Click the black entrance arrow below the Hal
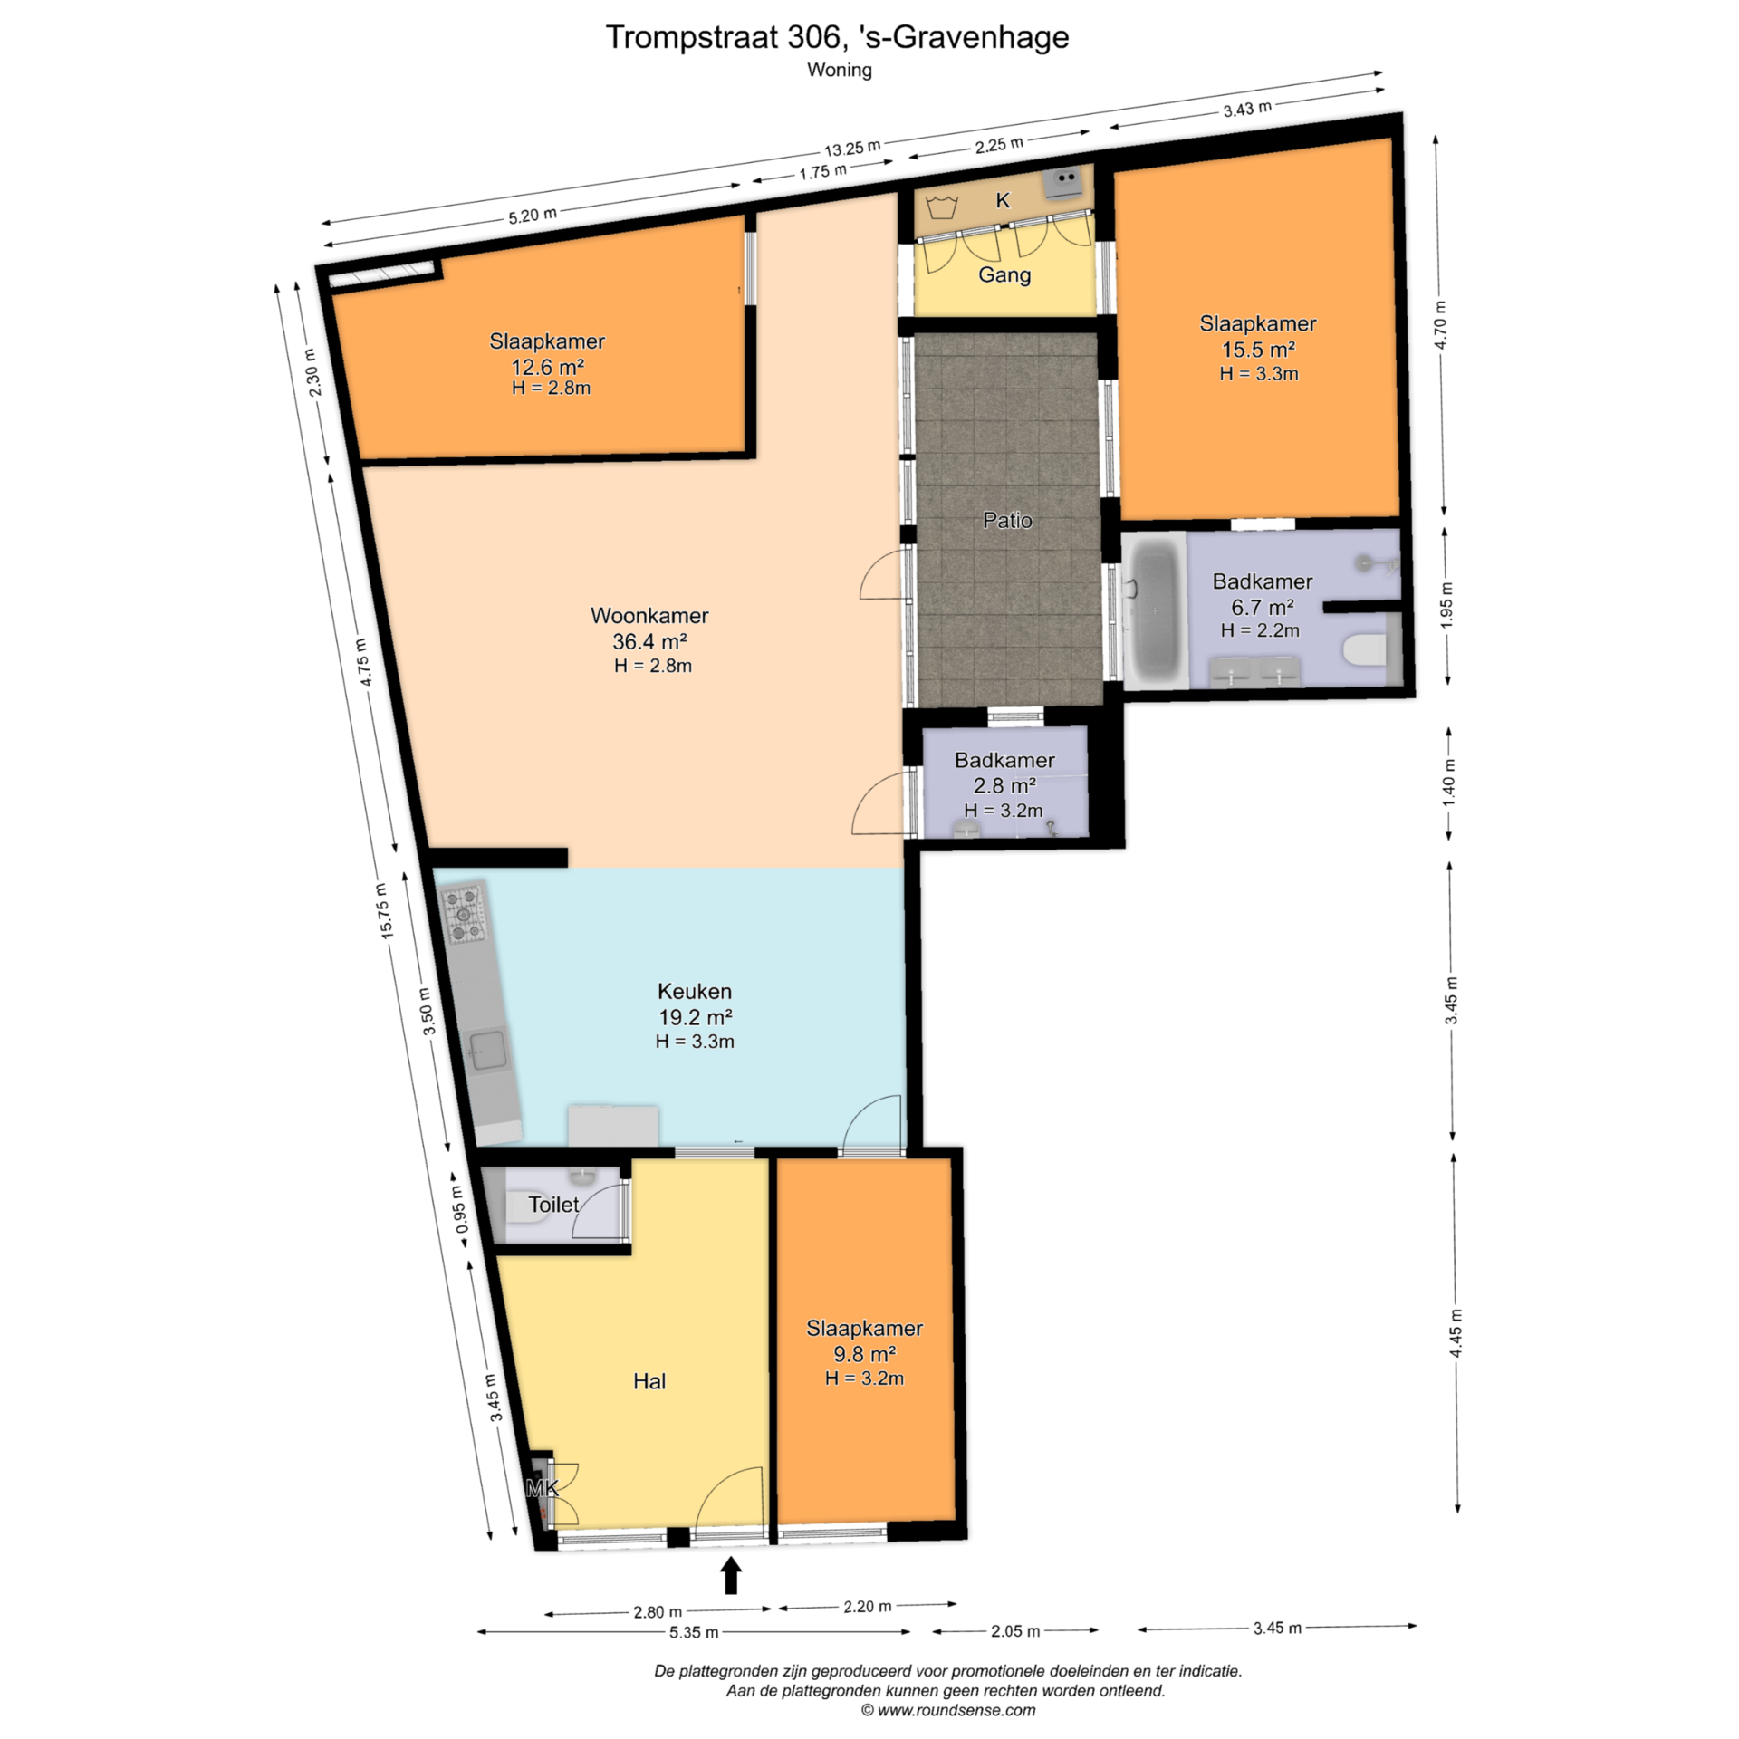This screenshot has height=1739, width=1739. tap(731, 1575)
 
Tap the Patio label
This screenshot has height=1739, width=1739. tap(1007, 520)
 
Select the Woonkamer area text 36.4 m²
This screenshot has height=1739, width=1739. tap(649, 641)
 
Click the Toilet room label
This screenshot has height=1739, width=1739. tap(553, 1205)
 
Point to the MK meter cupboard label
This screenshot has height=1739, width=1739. tap(542, 1487)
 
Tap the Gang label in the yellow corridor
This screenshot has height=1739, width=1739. tap(1004, 274)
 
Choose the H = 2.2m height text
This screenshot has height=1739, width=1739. tap(1260, 630)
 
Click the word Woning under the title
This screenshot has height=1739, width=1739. tap(840, 70)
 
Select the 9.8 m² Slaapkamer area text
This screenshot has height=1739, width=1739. tap(865, 1354)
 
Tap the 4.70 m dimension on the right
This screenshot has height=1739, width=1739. tap(1441, 323)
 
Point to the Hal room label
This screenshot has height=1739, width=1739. tap(649, 1381)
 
